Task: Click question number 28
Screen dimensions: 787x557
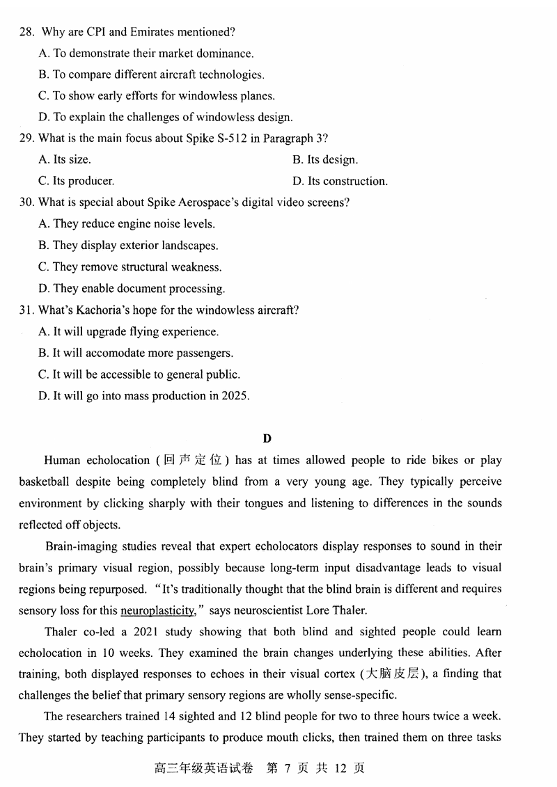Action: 27,32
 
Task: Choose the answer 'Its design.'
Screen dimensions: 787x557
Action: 325,160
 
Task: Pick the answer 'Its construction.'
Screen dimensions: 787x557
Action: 340,182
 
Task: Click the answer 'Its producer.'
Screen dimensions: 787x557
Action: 77,182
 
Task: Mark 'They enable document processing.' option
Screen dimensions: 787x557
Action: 132,289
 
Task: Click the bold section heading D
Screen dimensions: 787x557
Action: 267,438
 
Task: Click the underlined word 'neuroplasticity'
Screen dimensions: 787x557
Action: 157,611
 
